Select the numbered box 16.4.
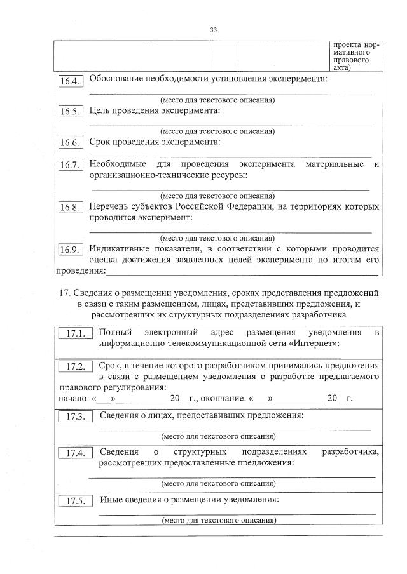point(70,81)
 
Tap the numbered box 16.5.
point(70,112)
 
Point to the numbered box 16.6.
point(70,143)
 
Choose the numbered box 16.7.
point(70,165)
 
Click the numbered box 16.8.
point(70,208)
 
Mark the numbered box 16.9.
point(70,250)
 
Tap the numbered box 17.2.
point(76,368)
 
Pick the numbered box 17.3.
point(76,417)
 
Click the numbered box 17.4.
point(76,453)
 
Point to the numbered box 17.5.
point(76,501)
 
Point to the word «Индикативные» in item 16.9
point(123,249)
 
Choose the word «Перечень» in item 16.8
point(109,206)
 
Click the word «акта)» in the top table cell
point(343,65)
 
